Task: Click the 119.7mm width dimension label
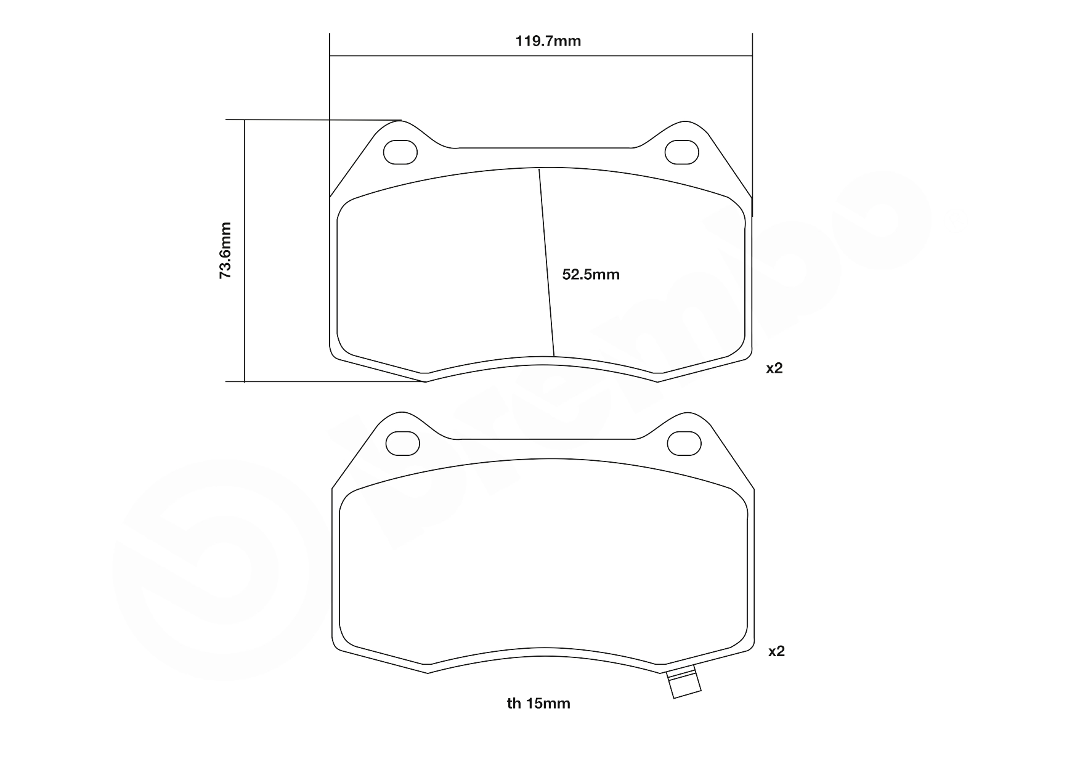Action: coord(548,41)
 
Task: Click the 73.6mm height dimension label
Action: coord(226,251)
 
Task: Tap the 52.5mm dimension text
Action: coord(591,275)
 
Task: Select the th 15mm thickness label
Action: coord(538,703)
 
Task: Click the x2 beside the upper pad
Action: coord(774,368)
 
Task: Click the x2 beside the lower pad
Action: coord(776,651)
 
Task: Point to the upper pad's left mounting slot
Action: coord(400,152)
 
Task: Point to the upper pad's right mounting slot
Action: coord(682,152)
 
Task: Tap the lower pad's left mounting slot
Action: coord(402,443)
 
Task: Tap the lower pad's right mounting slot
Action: coord(684,443)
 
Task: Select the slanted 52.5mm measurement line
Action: coord(546,262)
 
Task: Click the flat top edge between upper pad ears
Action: coord(545,148)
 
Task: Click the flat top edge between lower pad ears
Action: coord(547,439)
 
